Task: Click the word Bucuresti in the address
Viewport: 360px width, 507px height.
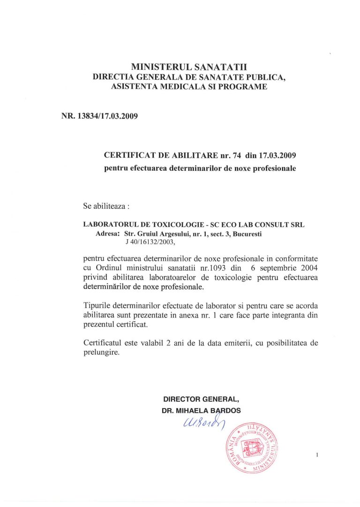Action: point(246,234)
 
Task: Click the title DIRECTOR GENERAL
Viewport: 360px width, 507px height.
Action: point(201,399)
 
